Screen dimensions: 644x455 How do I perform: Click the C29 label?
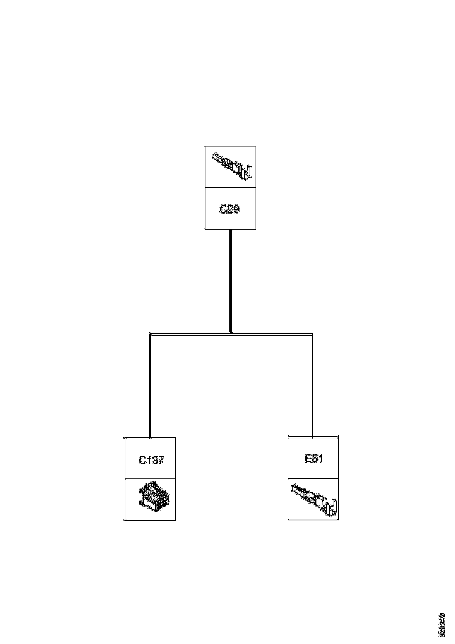pos(230,209)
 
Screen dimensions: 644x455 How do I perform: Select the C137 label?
pos(151,460)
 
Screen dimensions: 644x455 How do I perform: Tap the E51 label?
pos(314,458)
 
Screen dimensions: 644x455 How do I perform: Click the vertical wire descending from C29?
pos(231,281)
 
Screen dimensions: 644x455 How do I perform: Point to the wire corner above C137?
pos(150,334)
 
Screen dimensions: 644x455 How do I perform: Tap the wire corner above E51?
pos(312,334)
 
